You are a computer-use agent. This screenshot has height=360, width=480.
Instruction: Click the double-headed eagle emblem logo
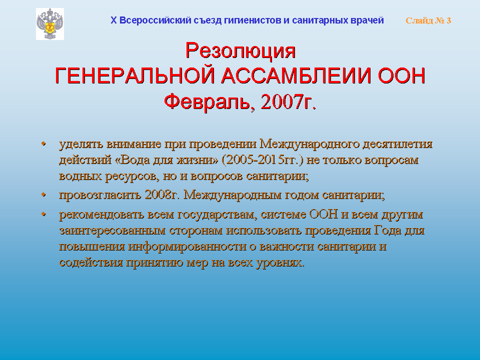(50, 24)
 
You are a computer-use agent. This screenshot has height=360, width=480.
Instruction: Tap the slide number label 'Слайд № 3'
(428, 20)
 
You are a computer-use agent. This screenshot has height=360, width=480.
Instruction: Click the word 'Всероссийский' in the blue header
(155, 20)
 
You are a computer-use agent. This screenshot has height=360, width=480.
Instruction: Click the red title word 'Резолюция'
(240, 50)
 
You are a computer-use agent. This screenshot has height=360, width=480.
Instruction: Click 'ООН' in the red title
(401, 75)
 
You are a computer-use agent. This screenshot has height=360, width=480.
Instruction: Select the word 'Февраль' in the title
(207, 101)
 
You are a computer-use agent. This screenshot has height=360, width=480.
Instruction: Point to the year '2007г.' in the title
(288, 101)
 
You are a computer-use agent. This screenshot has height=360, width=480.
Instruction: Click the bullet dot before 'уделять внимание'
(44, 143)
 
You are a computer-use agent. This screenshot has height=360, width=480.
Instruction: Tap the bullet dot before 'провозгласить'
(44, 194)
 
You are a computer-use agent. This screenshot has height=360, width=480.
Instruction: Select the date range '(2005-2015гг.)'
(262, 160)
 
